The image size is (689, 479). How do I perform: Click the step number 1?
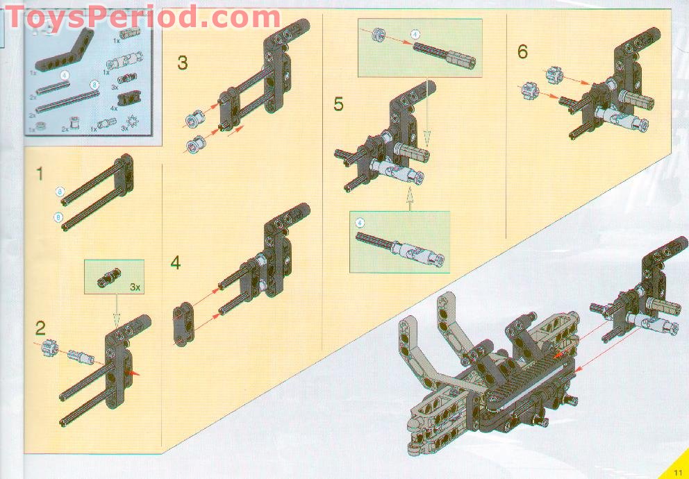click(40, 174)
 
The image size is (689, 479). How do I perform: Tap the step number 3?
click(183, 63)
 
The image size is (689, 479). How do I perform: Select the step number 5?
click(338, 105)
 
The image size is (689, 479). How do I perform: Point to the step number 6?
click(522, 51)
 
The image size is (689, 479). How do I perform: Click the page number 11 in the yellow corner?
click(678, 472)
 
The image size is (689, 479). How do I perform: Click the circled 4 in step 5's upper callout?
click(415, 33)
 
